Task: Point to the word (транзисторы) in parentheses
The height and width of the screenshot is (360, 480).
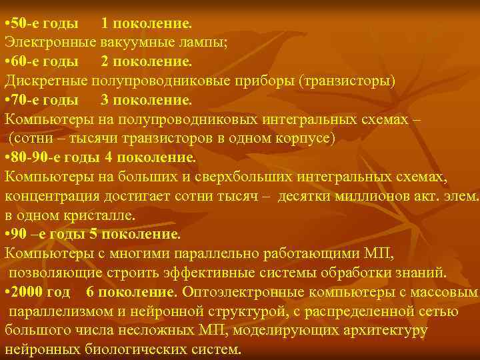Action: [347, 81]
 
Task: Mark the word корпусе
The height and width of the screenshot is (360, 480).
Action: [304, 139]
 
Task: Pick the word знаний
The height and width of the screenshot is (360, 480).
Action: [419, 273]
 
